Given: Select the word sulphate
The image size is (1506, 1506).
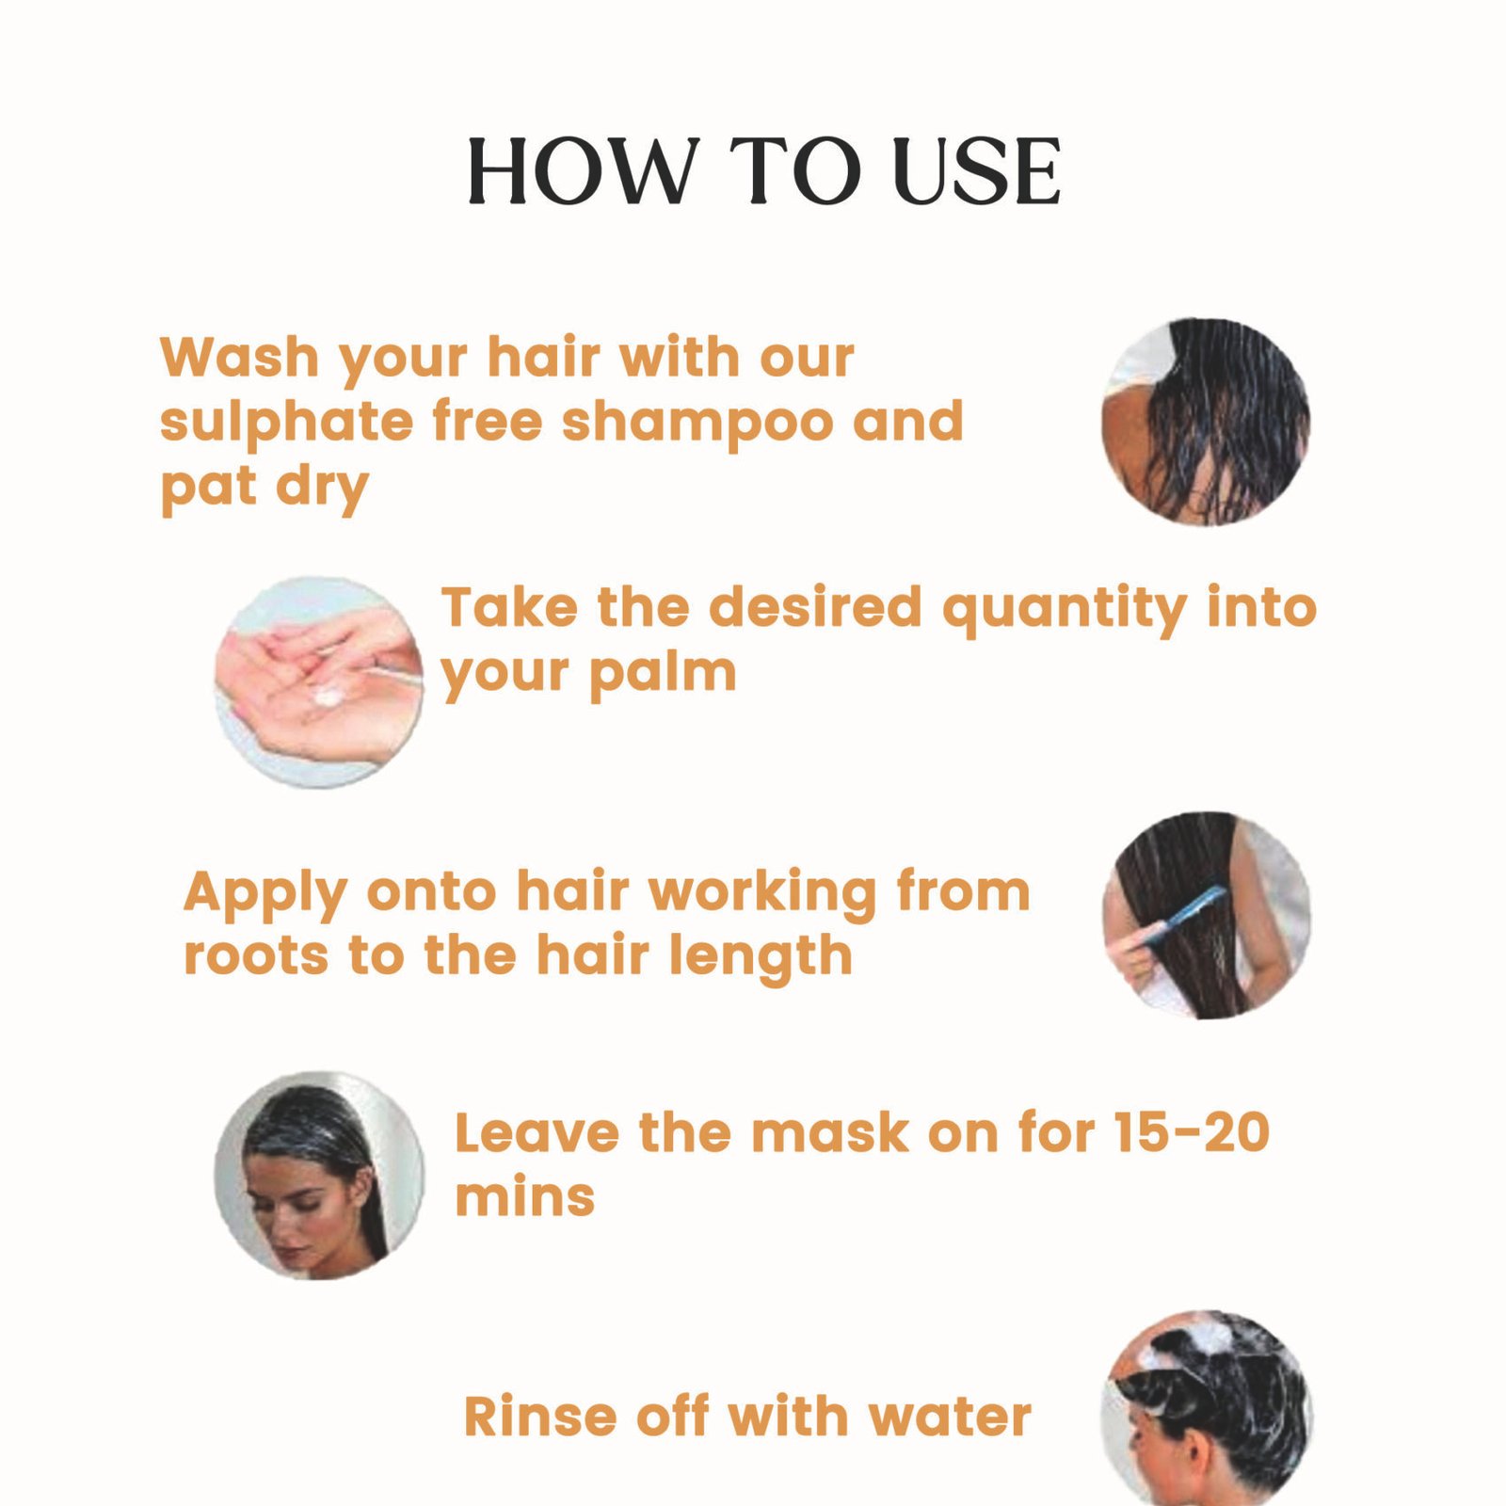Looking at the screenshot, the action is [x=286, y=423].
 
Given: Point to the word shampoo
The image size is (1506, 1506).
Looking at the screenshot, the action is [x=697, y=423].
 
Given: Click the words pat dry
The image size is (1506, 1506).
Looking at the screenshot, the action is [x=264, y=489].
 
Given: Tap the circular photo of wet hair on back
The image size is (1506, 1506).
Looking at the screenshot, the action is [x=1206, y=421].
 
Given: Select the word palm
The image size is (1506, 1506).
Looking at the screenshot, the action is [x=663, y=674].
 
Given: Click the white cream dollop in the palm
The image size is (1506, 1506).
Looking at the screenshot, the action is [x=328, y=697].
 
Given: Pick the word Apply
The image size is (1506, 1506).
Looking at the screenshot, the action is [x=265, y=894].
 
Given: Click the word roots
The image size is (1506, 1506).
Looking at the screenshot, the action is [x=257, y=957].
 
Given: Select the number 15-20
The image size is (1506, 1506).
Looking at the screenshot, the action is [x=1192, y=1132].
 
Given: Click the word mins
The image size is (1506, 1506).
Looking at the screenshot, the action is [x=525, y=1197].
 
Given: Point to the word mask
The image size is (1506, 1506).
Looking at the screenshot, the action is [x=829, y=1132].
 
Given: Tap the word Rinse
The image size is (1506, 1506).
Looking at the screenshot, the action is [x=540, y=1417].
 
